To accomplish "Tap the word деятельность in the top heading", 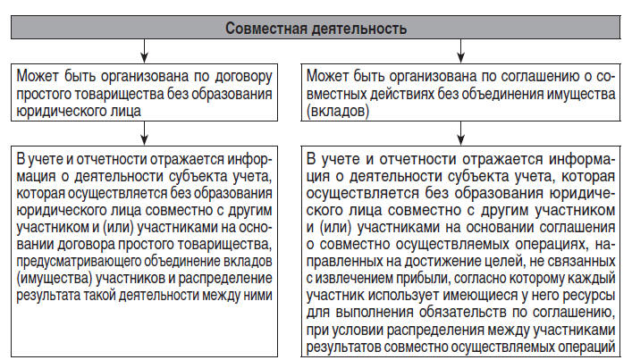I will [x=361, y=28].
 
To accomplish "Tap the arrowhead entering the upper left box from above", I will [x=143, y=56].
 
